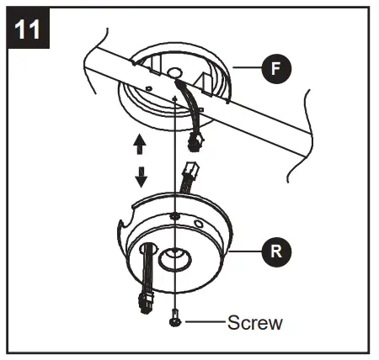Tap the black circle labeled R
278,250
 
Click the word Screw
255,321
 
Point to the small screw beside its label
173,320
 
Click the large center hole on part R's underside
174,259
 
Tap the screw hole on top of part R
173,217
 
